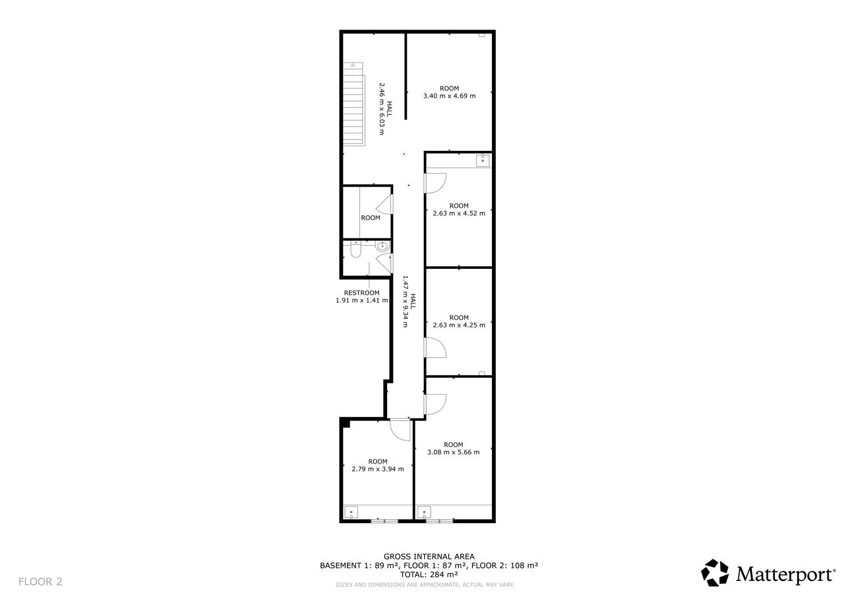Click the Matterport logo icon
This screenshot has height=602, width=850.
coord(715,572)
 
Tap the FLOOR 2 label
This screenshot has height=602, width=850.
coord(40,582)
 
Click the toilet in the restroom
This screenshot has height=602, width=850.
coord(355,249)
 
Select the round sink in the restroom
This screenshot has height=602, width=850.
coord(382,246)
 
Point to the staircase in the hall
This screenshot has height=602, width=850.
coord(354,104)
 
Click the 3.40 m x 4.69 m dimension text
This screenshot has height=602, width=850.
coord(449,96)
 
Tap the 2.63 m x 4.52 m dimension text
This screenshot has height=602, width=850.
coord(459,213)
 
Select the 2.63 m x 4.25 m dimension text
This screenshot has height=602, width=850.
coord(459,325)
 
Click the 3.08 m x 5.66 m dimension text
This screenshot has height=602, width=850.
coord(453,452)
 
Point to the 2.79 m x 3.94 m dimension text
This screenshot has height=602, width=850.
coord(377,469)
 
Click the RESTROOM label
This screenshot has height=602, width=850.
coord(362,293)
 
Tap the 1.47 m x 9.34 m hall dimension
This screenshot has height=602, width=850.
coord(405,301)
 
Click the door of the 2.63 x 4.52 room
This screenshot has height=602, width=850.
coord(435,183)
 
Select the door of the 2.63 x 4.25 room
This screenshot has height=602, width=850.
coord(435,347)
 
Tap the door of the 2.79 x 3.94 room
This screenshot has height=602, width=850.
coord(400,430)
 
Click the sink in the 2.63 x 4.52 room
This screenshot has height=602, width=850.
coord(483,161)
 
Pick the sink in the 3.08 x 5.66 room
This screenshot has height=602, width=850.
coord(424,512)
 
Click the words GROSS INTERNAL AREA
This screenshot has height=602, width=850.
coord(429,557)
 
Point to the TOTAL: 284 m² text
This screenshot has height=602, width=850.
coord(429,574)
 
